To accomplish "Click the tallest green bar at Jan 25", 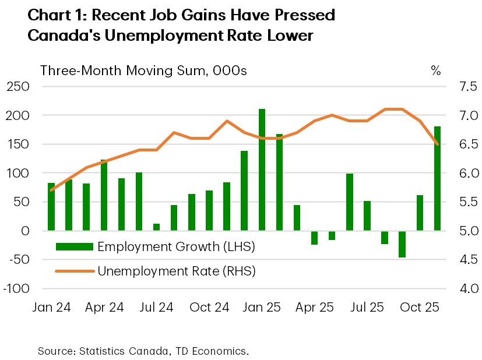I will (262, 170).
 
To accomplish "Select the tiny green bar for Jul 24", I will (156, 227).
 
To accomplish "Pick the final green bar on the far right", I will (437, 178).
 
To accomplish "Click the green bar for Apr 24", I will (104, 195).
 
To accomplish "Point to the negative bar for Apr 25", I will (314, 237).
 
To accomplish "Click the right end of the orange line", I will (437, 144).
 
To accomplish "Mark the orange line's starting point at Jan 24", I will (51, 190).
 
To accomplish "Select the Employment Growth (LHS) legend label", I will (177, 246).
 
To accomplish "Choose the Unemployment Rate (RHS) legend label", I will (177, 271).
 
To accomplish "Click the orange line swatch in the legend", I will (74, 271).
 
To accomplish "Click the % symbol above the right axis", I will (435, 70).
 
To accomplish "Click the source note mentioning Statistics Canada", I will (143, 351).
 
